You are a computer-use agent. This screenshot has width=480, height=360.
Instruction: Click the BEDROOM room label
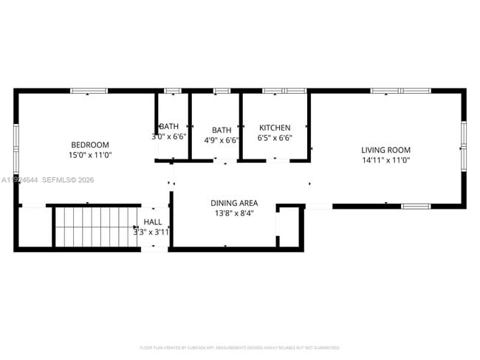[x=90, y=145]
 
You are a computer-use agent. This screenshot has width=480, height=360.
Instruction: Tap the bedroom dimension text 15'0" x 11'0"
[x=90, y=155]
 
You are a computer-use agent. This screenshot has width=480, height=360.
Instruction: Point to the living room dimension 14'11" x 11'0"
[x=385, y=160]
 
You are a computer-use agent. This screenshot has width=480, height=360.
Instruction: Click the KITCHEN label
[x=274, y=128]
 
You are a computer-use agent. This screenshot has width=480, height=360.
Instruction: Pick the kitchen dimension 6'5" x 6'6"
[x=274, y=138]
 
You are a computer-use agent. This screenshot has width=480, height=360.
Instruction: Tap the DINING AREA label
[x=234, y=203]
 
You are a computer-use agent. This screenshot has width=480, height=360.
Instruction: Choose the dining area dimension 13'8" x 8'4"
[x=234, y=214]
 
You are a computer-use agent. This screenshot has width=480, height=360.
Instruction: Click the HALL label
[x=153, y=222]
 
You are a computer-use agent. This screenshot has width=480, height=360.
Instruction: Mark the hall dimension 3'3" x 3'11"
[x=151, y=232]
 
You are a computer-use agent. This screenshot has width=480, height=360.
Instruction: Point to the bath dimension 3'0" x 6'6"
[x=168, y=136]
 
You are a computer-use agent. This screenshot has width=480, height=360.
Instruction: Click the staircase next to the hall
[x=97, y=226]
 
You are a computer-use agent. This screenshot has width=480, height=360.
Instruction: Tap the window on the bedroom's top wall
[x=89, y=91]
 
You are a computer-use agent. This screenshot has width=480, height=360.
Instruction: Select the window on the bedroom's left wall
[x=16, y=148]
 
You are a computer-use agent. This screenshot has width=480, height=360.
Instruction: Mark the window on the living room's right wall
[x=464, y=145]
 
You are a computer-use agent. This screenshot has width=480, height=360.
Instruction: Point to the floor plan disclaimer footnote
[x=239, y=347]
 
